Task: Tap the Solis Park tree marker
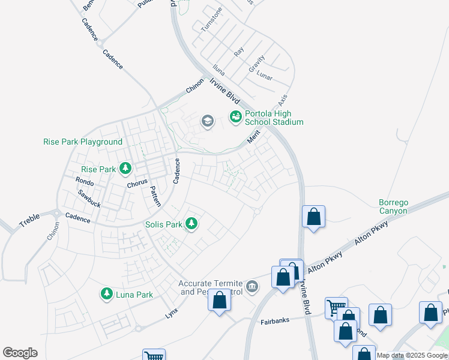pos(191,224)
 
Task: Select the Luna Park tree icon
pos(107,293)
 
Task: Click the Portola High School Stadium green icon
pos(235,116)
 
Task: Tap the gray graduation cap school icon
pos(208,122)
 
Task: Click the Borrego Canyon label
pos(393,206)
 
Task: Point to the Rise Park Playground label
pos(83,142)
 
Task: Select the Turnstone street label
pos(212,19)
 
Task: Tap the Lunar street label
pos(264,77)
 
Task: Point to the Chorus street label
pos(137,184)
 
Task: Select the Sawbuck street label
pos(89,199)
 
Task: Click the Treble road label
pos(29,221)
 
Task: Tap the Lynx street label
pos(172,313)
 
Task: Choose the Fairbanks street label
pos(276,322)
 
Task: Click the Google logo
pos(20,353)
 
